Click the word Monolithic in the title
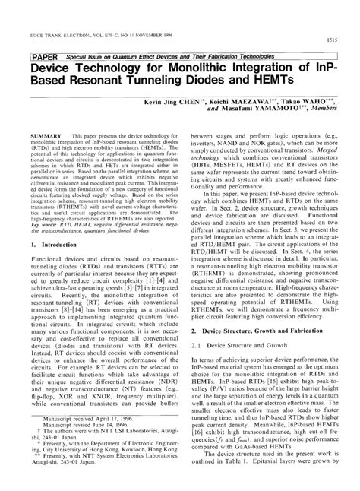pos(206,69)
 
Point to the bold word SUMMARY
pos(46,132)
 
